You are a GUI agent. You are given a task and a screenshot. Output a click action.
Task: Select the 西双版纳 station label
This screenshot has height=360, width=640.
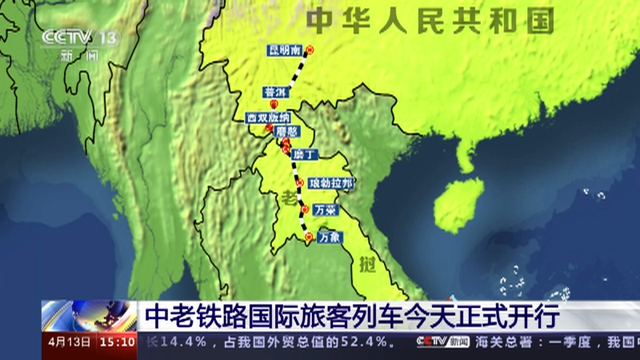[268, 118]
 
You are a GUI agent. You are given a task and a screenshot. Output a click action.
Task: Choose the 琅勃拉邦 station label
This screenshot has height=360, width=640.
[330, 183]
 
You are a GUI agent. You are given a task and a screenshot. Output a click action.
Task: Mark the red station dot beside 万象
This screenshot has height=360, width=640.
[309, 237]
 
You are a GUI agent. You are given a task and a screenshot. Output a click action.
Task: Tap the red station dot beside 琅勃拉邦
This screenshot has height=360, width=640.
[299, 184]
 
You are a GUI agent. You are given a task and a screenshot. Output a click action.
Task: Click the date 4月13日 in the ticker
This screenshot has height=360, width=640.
[69, 342]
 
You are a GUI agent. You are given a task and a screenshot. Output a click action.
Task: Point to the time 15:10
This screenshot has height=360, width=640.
[117, 342]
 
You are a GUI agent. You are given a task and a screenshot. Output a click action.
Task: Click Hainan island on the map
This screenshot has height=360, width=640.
[462, 200]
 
